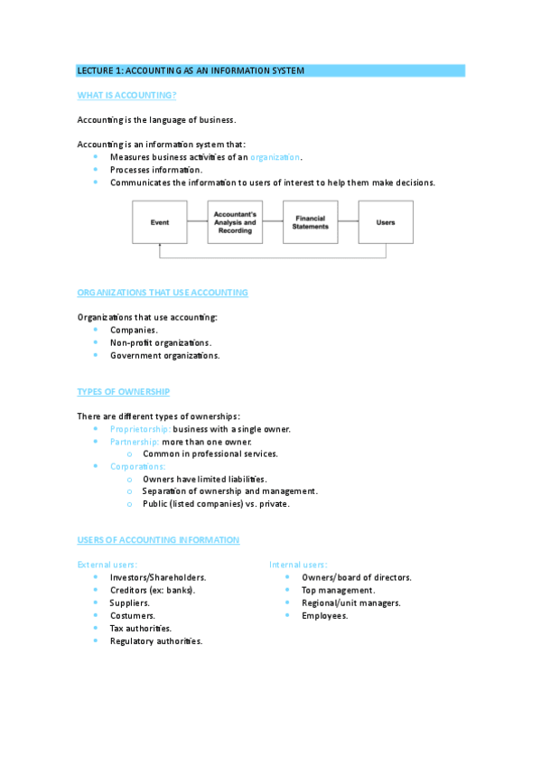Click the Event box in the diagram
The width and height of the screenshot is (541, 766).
[160, 222]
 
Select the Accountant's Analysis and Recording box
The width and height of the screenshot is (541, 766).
[235, 222]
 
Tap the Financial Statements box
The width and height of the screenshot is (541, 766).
[311, 222]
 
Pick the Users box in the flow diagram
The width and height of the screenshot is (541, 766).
[386, 222]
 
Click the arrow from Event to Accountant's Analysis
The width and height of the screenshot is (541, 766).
[198, 222]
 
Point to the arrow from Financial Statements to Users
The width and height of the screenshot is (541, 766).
[349, 222]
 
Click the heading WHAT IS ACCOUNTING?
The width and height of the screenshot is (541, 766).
[126, 95]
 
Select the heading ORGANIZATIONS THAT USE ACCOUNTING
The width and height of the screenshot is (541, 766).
[163, 293]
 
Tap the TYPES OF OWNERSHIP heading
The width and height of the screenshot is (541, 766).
[124, 392]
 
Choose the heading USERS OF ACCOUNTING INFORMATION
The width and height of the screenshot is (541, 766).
[159, 540]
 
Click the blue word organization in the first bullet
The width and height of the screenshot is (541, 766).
[275, 157]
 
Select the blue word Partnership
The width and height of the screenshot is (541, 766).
[135, 442]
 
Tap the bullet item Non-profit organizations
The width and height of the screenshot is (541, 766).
[161, 343]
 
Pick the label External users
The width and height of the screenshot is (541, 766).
[107, 565]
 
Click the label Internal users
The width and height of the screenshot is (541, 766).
[298, 565]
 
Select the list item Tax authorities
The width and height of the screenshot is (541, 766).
[141, 628]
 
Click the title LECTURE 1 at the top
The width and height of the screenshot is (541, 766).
[191, 70]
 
